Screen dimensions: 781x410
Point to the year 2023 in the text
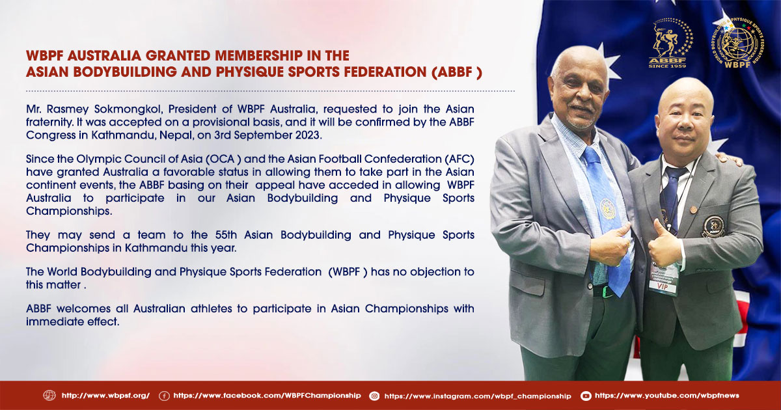click(308, 135)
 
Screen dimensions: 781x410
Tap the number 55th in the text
click(226, 235)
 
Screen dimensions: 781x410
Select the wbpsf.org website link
click(105, 396)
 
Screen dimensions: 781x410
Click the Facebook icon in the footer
click(164, 396)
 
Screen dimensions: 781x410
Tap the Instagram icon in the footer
click(374, 396)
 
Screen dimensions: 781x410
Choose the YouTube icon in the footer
click(586, 396)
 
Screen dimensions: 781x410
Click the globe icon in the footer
click(49, 396)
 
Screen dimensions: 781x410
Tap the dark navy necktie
click(671, 198)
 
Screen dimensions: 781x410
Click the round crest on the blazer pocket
click(713, 226)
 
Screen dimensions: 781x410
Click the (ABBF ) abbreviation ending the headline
click(457, 72)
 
